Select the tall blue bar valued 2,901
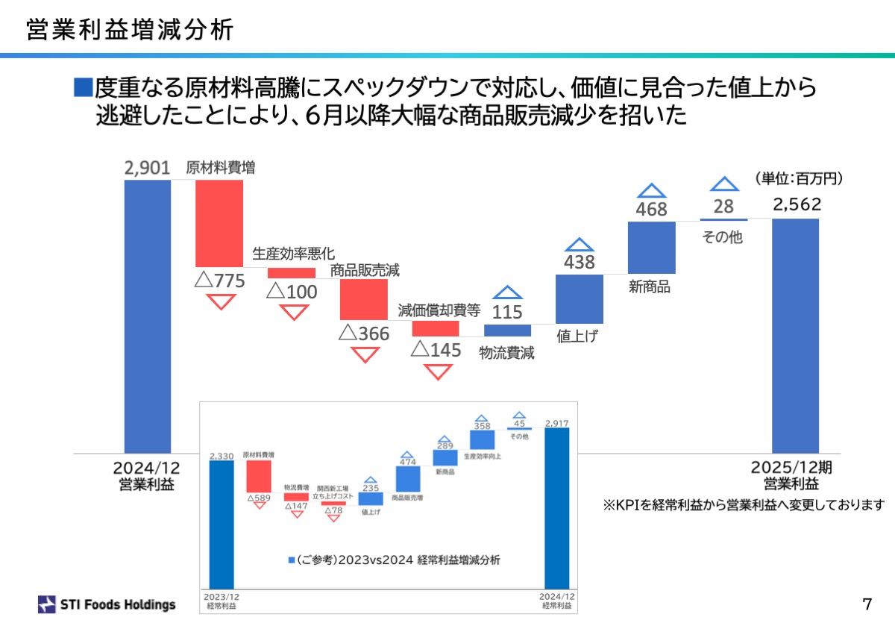click(148, 313)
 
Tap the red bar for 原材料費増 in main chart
click(219, 222)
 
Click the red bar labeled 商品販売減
click(364, 299)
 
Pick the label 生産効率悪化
click(294, 254)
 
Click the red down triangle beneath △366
click(365, 354)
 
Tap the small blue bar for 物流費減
click(507, 331)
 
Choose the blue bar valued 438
click(580, 298)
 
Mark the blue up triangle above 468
click(651, 192)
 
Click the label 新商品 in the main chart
click(650, 286)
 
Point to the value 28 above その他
click(723, 207)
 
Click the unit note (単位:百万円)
click(798, 178)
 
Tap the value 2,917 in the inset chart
click(557, 423)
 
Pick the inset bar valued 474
click(408, 478)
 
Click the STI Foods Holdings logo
click(107, 604)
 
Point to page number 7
click(867, 603)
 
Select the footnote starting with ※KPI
click(743, 505)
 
